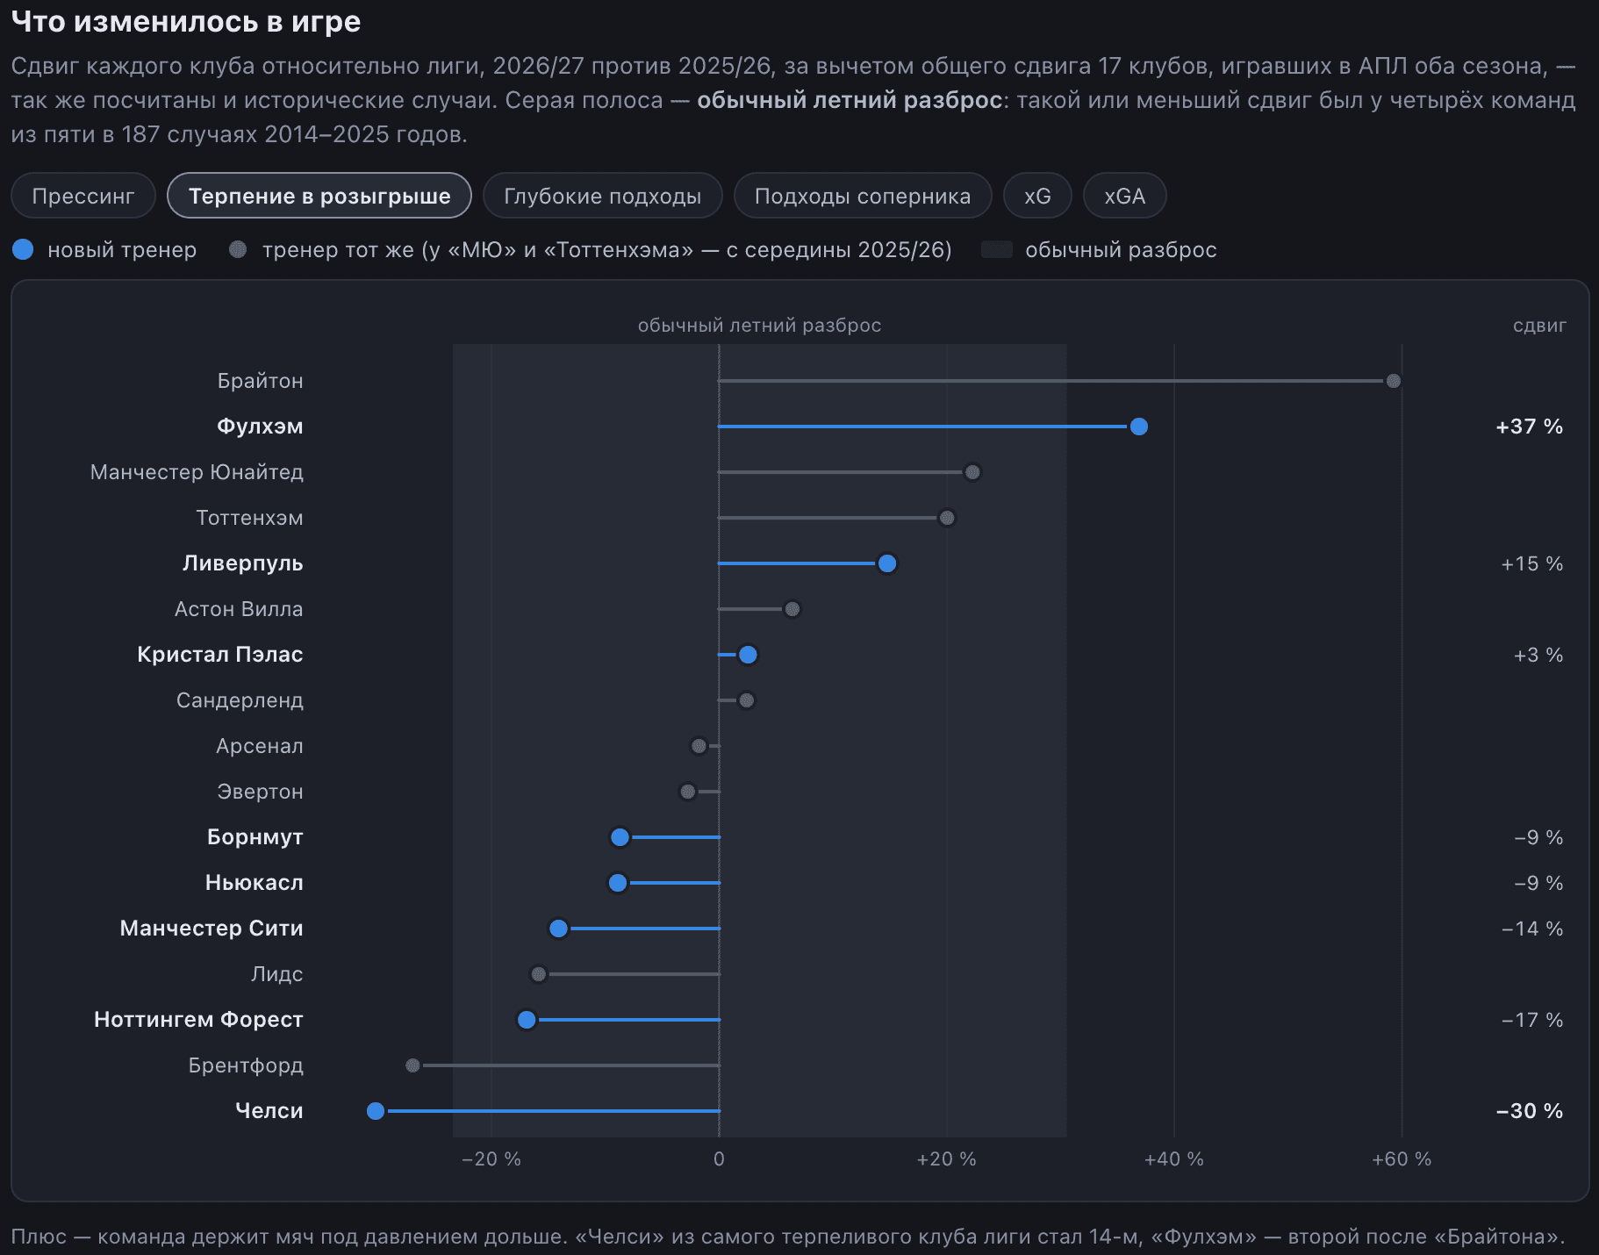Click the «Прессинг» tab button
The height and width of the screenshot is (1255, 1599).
(x=83, y=196)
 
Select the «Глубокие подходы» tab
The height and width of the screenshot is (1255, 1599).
(x=602, y=196)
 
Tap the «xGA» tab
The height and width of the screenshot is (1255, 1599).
(x=1124, y=196)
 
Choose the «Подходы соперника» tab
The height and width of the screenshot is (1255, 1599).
(x=863, y=196)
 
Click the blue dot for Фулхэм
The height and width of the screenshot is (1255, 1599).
(x=1139, y=427)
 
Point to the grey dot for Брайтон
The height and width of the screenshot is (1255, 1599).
(x=1394, y=381)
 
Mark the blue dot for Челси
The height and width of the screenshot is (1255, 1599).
(x=376, y=1111)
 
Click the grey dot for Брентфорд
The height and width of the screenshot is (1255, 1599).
(x=413, y=1065)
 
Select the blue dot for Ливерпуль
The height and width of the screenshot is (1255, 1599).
(x=887, y=563)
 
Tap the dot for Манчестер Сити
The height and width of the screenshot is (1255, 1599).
(x=558, y=929)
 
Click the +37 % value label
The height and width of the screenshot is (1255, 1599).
(x=1529, y=427)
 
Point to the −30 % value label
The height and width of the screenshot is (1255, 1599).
(x=1529, y=1111)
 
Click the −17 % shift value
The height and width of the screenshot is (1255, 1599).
(x=1532, y=1020)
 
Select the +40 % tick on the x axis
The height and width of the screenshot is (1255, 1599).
(x=1174, y=1159)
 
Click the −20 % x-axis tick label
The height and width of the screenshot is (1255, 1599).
(x=491, y=1159)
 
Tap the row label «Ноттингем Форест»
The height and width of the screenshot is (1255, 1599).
(x=198, y=1020)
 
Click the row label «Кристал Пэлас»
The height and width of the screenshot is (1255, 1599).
(x=220, y=655)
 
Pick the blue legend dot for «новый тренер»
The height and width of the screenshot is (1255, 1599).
(x=23, y=250)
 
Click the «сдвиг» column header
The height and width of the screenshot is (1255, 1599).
(x=1539, y=326)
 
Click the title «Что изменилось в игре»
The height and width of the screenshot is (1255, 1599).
(x=186, y=22)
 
